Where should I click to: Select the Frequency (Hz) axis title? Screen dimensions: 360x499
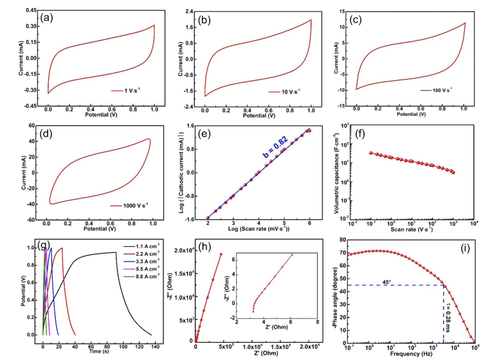[408, 353]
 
